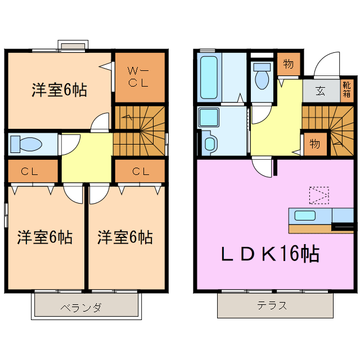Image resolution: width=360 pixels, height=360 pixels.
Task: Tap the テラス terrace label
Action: [x=272, y=307]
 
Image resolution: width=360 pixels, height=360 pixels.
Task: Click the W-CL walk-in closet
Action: [x=139, y=77]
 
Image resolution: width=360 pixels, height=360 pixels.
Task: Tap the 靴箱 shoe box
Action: [x=347, y=91]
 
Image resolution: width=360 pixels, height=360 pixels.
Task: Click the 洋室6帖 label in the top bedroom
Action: [x=58, y=90]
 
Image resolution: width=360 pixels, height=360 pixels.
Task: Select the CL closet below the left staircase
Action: [x=139, y=172]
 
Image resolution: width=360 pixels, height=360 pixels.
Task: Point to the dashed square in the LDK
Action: [x=318, y=195]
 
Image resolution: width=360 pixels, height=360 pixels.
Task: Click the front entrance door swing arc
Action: [x=326, y=65]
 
